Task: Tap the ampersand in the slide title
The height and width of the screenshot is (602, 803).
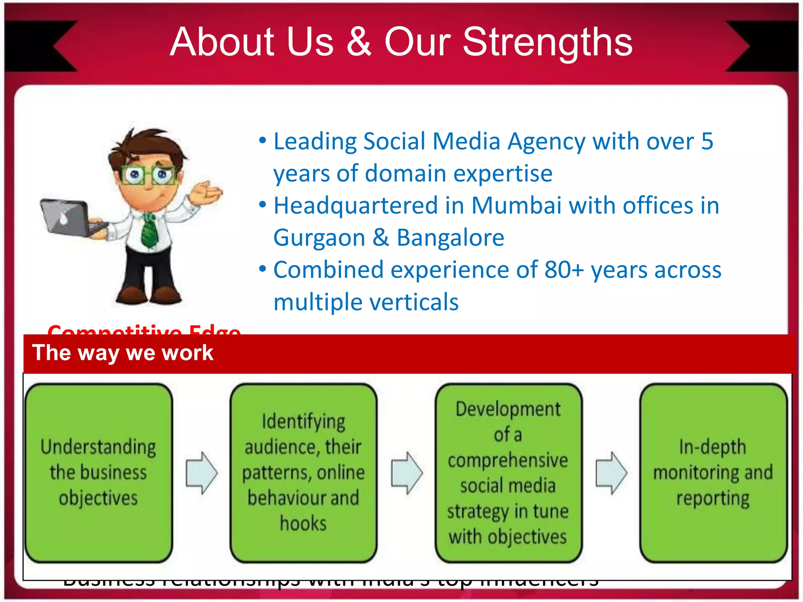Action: tap(359, 42)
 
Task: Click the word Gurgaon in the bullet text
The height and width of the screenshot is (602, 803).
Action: tap(319, 238)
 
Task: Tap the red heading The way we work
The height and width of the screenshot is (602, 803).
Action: tap(122, 353)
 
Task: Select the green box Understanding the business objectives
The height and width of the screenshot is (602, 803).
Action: tap(98, 473)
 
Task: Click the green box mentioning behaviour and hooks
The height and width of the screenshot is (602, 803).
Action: tap(303, 473)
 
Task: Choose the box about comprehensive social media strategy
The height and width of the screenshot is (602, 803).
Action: tap(508, 473)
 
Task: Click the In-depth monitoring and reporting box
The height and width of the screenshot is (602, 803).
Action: tap(713, 473)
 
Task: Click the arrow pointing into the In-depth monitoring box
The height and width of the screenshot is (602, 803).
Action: tap(611, 473)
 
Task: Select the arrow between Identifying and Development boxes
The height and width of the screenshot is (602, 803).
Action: tap(407, 473)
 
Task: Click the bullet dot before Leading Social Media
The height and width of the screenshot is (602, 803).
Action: tap(263, 141)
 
